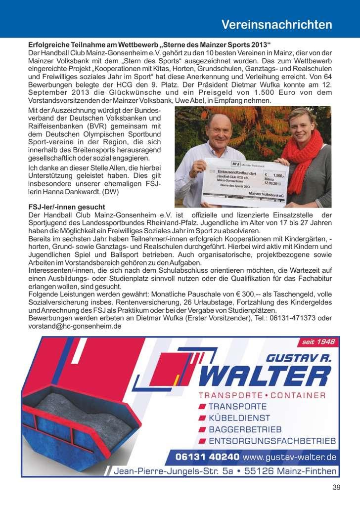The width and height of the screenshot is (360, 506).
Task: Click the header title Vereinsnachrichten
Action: [x=276, y=24]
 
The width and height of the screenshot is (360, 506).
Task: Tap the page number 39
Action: [x=337, y=488]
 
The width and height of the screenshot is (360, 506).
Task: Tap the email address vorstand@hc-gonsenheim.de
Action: [x=75, y=326]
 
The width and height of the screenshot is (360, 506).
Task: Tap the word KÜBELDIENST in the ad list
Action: [x=237, y=418]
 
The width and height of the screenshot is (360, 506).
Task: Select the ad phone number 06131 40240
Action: [x=208, y=457]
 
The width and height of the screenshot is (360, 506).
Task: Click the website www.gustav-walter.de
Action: [x=290, y=457]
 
